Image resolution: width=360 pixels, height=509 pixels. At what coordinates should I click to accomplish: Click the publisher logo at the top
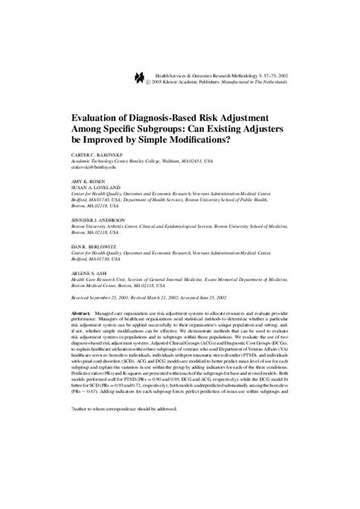coord(141,77)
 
